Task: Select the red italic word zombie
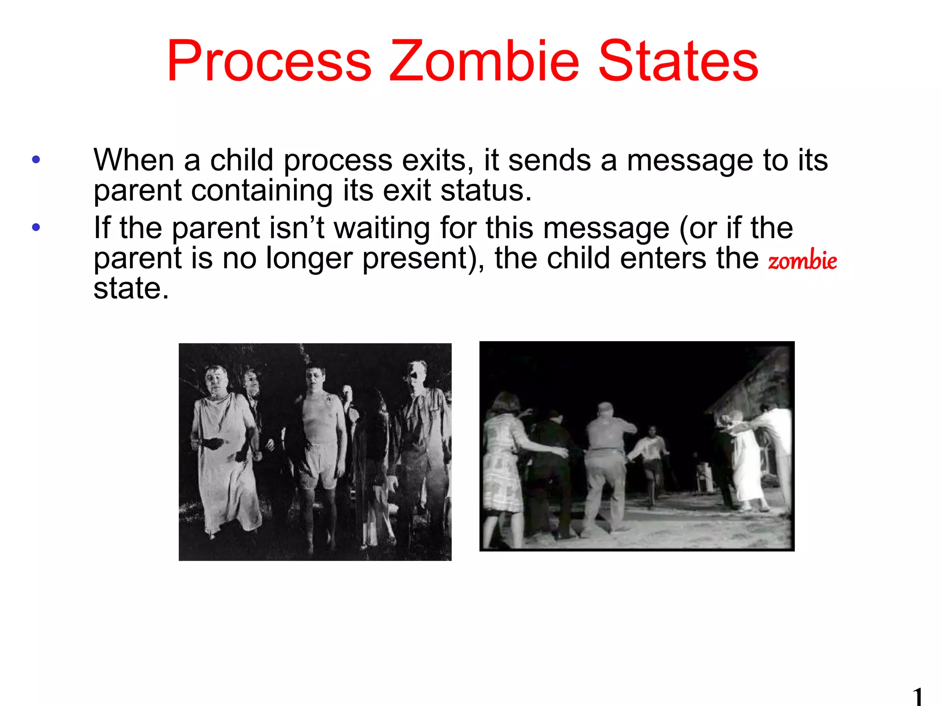tap(802, 260)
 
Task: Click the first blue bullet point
tap(36, 160)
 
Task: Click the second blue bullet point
tap(36, 227)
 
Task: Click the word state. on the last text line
tap(131, 289)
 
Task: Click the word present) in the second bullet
tap(423, 258)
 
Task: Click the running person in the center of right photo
tap(650, 460)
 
